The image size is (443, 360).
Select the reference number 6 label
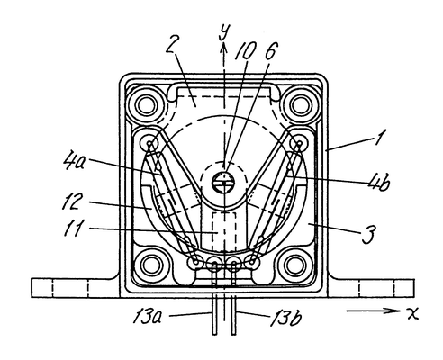coord(270,49)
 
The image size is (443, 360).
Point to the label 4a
coord(74,162)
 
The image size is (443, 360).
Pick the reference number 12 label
coord(71,202)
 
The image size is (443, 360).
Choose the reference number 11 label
coord(73,229)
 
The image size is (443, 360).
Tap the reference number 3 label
coord(367,234)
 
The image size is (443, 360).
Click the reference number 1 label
coord(380,138)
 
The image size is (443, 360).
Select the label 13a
coord(147,316)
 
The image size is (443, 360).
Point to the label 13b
coord(286,318)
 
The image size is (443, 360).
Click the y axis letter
coord(224,31)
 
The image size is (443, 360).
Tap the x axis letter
coord(412,314)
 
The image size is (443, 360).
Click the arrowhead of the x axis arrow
coord(394,310)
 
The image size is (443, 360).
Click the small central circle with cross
coord(224,182)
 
